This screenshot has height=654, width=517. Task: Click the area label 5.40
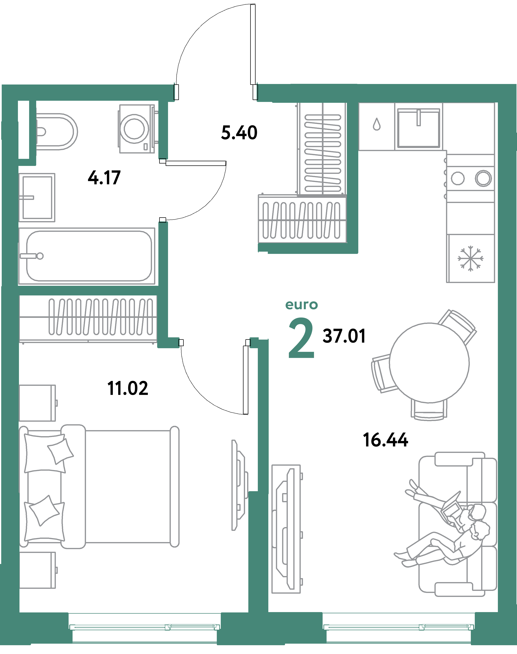coord(239,133)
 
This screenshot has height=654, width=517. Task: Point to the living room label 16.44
coord(385,440)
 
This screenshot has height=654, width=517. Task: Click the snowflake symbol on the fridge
coord(470,258)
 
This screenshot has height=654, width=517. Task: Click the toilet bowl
coord(58,132)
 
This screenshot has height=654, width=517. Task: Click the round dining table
coord(429,363)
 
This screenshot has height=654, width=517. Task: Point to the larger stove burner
coord(483,178)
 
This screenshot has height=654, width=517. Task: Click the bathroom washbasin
coord(37,197)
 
